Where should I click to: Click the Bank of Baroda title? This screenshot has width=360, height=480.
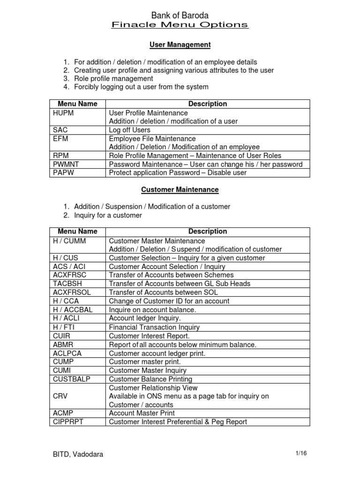(180, 15)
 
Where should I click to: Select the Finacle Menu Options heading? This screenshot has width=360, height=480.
(180, 25)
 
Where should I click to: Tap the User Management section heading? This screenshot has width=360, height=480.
(180, 45)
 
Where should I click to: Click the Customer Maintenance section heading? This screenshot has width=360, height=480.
(180, 190)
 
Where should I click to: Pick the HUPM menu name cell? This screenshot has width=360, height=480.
(64, 113)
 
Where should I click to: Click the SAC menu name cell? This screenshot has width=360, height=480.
(61, 130)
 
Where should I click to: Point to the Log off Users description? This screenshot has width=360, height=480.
(130, 130)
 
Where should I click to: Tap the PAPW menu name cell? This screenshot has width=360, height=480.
(65, 172)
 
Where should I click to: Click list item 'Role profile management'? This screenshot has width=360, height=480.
(114, 78)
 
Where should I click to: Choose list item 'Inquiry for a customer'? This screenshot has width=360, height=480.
(108, 215)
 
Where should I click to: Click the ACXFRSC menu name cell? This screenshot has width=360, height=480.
(70, 275)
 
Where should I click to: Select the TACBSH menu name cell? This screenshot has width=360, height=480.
(68, 284)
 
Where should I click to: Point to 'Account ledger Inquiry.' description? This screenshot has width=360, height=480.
(144, 318)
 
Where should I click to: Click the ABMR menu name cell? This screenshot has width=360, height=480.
(64, 345)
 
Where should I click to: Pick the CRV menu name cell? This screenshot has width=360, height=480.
(61, 396)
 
